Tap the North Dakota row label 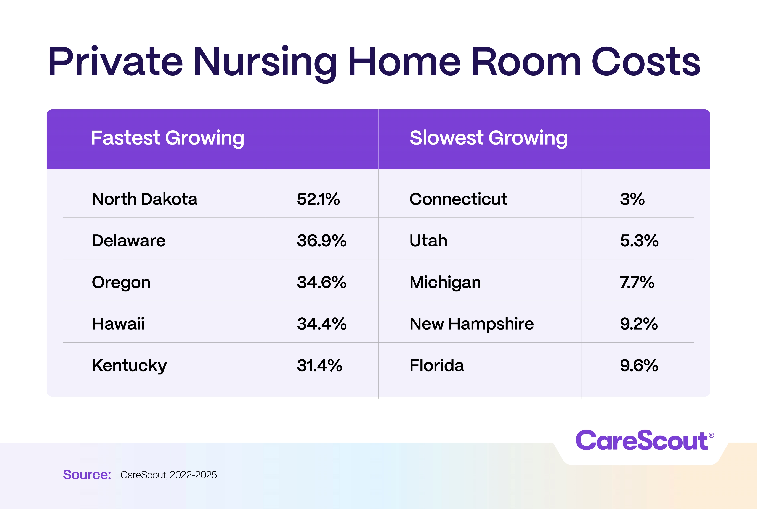(x=145, y=199)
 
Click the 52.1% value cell (x=318, y=199)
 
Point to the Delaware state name (x=128, y=241)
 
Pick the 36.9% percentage (x=321, y=241)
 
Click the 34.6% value (x=321, y=282)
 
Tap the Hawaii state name (x=118, y=324)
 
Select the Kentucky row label (x=129, y=365)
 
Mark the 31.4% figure (x=319, y=365)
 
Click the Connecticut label (x=458, y=199)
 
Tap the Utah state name (x=428, y=241)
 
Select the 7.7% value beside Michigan (x=637, y=282)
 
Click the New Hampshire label (x=471, y=324)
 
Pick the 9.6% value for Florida (x=639, y=365)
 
